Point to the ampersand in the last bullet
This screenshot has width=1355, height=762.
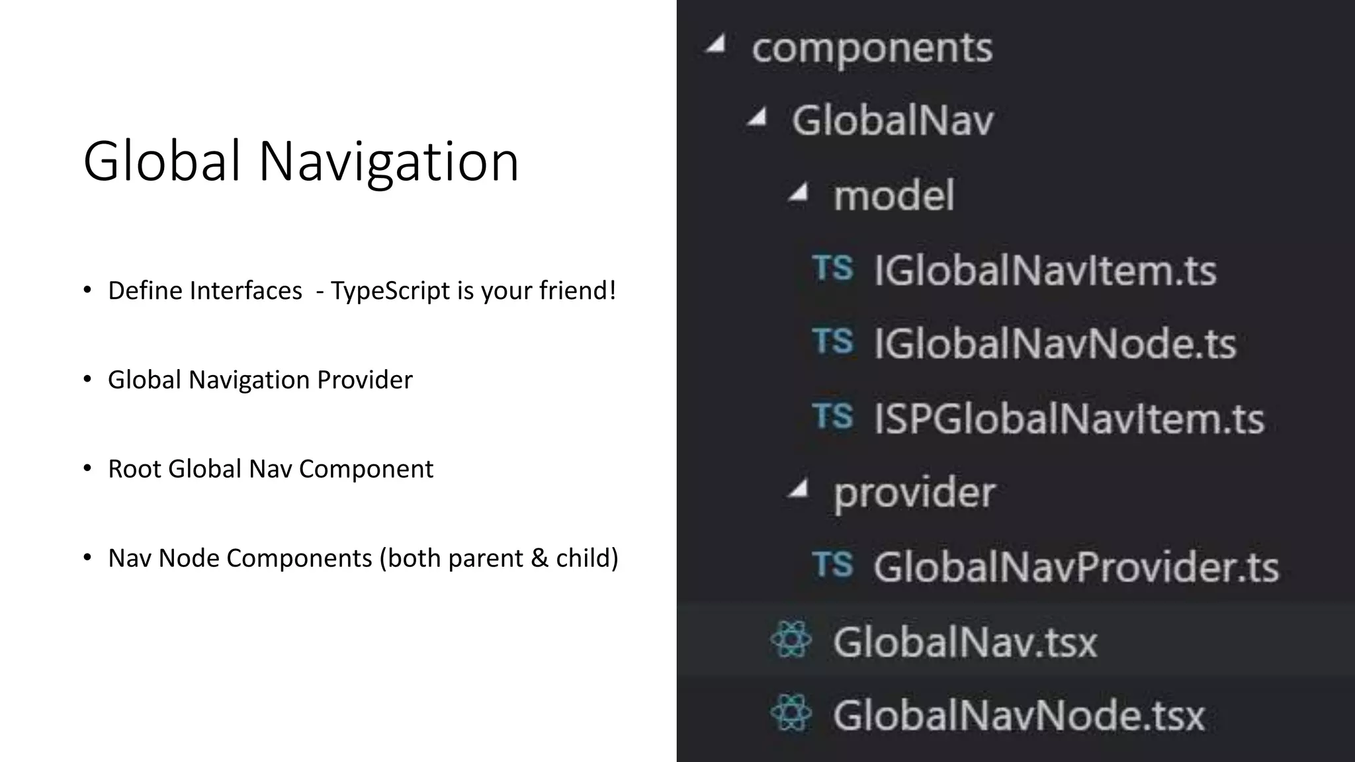(540, 558)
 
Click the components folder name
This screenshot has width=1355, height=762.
(871, 48)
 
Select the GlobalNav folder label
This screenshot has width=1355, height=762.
(893, 121)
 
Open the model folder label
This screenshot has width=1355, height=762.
(893, 196)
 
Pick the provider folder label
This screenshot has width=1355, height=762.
(914, 493)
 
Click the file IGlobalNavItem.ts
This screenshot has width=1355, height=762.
(1045, 271)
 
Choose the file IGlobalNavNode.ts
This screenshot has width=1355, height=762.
(1055, 344)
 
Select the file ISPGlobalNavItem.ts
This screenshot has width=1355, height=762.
(1069, 419)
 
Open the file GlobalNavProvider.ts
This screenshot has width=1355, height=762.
(1076, 567)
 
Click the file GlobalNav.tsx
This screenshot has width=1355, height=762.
(965, 642)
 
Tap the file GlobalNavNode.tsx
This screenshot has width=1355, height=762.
(1019, 716)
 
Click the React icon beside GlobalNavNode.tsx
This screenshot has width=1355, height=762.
(791, 713)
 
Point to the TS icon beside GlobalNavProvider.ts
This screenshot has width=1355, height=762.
(832, 565)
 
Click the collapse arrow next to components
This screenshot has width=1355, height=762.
(717, 45)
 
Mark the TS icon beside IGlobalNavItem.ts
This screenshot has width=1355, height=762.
(832, 269)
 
